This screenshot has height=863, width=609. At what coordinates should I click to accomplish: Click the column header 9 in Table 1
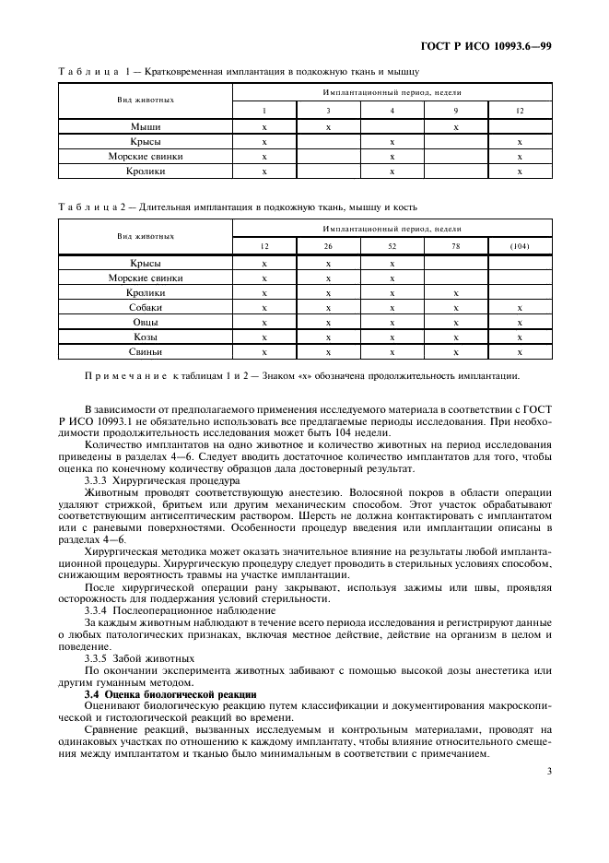tap(455, 111)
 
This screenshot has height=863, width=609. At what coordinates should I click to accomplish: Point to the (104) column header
tap(520, 246)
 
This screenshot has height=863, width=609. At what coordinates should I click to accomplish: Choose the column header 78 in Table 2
tap(455, 246)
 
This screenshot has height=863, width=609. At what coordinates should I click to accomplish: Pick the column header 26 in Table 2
tap(328, 246)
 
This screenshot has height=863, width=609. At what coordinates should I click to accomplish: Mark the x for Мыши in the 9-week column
tap(455, 126)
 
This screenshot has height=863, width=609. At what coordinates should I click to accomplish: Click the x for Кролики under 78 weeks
tap(455, 292)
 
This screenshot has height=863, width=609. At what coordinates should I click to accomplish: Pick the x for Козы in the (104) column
tap(520, 337)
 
